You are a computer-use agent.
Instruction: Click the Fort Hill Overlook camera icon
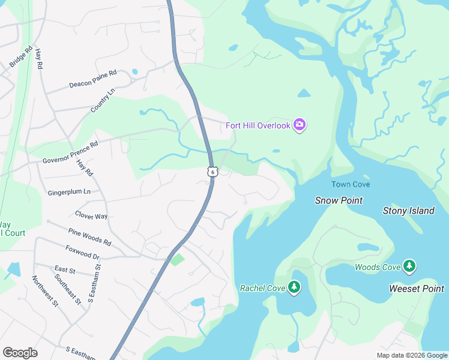tap(300, 125)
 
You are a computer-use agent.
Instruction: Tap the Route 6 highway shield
tap(212, 172)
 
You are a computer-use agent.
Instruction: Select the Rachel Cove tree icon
tap(294, 288)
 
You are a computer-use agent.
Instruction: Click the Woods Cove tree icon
tap(409, 266)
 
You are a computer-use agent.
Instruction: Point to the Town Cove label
tap(351, 184)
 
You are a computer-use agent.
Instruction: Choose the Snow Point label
tap(339, 200)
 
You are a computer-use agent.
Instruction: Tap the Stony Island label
tap(409, 211)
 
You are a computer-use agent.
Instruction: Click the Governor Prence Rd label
tap(70, 153)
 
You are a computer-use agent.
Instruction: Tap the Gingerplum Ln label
tap(68, 192)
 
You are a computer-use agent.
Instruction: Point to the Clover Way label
tap(91, 215)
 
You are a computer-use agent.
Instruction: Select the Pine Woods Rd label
tap(89, 236)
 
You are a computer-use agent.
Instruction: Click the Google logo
tap(20, 353)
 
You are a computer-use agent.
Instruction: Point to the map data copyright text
tap(412, 355)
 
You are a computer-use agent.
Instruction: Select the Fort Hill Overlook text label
tap(258, 125)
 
